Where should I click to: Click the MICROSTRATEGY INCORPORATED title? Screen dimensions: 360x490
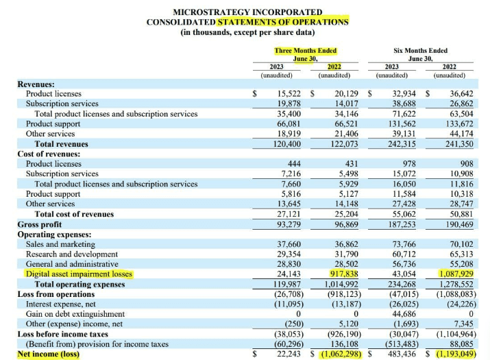[247, 12]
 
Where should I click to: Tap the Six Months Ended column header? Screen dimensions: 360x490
[420, 50]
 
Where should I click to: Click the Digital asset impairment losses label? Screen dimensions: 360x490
[79, 274]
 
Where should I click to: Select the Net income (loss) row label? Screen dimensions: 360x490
[49, 354]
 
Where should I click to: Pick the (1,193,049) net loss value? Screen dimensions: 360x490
[454, 354]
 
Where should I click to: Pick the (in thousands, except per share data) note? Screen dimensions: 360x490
[247, 32]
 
